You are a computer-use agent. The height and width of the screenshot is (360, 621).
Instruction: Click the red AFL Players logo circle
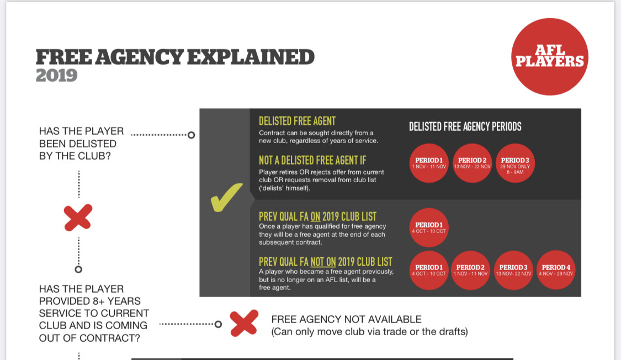click(x=550, y=57)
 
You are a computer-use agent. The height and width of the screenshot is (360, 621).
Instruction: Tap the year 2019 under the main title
click(x=56, y=75)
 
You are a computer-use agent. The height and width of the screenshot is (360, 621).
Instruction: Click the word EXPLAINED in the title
click(x=251, y=57)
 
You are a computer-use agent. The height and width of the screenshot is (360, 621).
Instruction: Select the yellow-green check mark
click(x=226, y=197)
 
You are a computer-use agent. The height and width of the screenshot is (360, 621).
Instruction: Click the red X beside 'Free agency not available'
click(x=244, y=323)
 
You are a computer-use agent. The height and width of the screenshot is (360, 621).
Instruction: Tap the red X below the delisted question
click(x=78, y=218)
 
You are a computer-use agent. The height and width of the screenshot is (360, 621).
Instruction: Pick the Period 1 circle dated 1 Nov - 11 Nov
click(x=429, y=163)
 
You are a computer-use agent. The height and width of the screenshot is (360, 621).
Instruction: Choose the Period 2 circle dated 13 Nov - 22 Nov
click(x=472, y=163)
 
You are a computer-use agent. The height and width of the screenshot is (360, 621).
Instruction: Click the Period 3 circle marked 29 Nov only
click(x=515, y=163)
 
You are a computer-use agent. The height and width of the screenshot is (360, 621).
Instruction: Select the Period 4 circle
click(x=556, y=270)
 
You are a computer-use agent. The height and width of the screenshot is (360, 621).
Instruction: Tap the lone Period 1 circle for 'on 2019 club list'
click(x=429, y=227)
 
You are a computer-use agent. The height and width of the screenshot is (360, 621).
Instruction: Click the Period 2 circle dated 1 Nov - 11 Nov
click(x=470, y=270)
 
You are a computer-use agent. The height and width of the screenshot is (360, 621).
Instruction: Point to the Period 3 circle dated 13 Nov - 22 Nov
click(x=513, y=270)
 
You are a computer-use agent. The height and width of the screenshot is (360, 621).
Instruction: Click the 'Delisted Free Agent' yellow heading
click(x=297, y=121)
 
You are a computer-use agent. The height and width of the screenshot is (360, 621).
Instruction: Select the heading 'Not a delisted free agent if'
click(x=312, y=160)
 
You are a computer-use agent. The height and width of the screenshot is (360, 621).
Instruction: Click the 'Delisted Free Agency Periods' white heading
click(x=465, y=127)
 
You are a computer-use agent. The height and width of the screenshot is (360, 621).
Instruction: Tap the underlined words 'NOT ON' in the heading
click(x=323, y=262)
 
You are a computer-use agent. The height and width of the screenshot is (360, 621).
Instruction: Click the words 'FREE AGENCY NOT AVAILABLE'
click(x=346, y=319)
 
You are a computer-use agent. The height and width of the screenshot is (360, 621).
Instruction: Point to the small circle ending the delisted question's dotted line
click(x=192, y=135)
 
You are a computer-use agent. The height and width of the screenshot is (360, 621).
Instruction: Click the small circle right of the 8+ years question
click(x=218, y=324)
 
